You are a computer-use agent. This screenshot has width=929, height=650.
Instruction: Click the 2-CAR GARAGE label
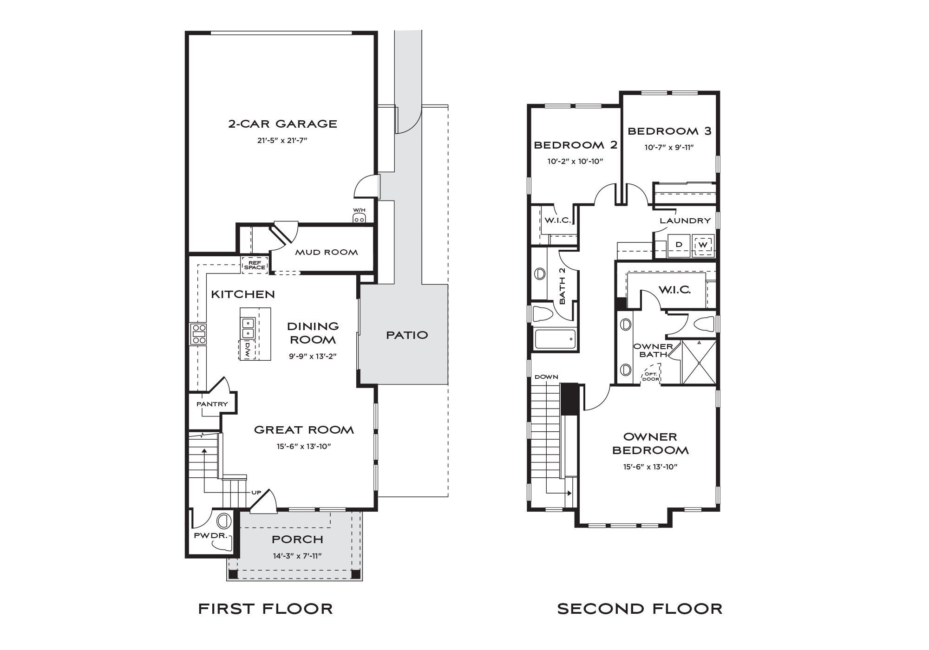pos(282,124)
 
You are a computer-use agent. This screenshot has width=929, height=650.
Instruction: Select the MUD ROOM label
pos(327,253)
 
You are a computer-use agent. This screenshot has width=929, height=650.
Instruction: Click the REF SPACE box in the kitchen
pos(255,265)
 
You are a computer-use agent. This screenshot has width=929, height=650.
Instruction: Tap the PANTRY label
pos(212,404)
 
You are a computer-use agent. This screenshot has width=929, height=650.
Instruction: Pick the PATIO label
pos(407,335)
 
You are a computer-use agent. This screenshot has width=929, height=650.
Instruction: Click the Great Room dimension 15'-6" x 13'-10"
pos(304,447)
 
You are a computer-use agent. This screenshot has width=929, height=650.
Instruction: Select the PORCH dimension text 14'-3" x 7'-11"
pos(297,556)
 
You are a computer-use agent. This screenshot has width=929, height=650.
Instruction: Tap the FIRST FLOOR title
pos(266,609)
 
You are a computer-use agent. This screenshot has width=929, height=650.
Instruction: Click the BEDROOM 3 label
pos(669,131)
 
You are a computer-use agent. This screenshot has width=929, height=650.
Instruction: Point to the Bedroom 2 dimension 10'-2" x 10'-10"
pos(575,162)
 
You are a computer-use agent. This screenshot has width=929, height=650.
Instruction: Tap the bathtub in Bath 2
pos(556,339)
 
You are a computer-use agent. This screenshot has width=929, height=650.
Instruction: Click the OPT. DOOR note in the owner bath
pos(651,377)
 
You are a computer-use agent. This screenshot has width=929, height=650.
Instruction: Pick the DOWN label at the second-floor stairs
pos(546,377)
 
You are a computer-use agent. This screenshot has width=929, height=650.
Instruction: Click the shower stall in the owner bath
pos(699,362)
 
